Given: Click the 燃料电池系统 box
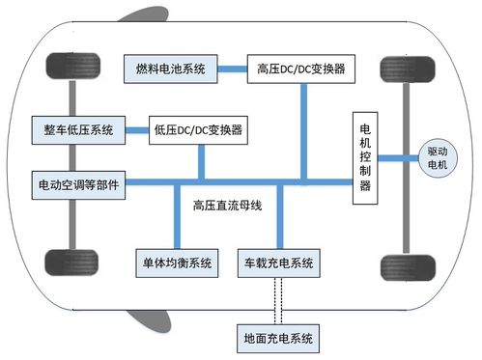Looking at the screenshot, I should [x=169, y=69].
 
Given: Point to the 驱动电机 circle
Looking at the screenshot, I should [x=438, y=158].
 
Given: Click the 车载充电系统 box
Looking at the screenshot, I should [x=281, y=262].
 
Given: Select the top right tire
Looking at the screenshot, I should [x=397, y=70].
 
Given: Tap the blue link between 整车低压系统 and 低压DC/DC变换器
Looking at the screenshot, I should [x=135, y=128].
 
